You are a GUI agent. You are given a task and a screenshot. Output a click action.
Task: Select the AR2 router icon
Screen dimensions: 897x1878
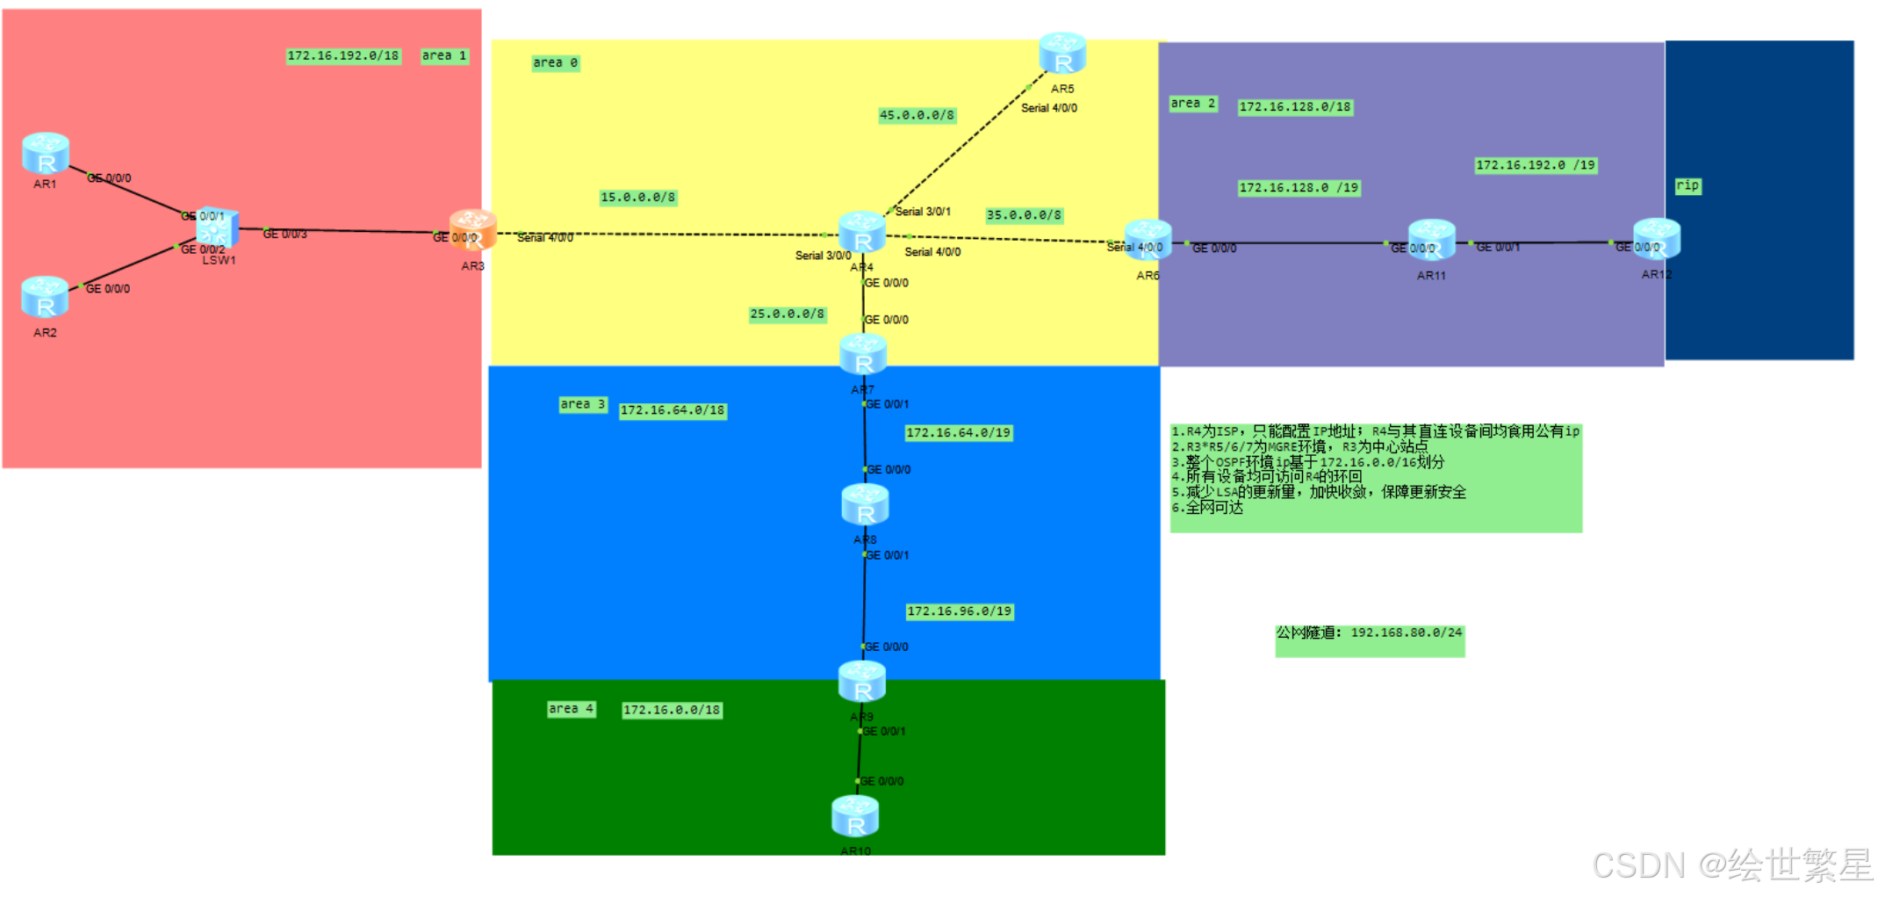[x=45, y=297]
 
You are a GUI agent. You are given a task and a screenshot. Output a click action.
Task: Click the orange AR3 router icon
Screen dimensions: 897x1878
[x=473, y=230]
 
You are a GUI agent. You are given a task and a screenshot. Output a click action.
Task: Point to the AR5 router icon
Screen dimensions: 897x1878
[x=1062, y=54]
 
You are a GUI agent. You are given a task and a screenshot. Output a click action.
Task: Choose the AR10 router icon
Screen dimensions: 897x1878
[x=855, y=816]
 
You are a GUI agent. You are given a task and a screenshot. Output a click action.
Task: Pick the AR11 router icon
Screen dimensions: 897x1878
[x=1431, y=241]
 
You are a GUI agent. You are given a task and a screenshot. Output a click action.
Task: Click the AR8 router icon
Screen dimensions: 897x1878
[x=865, y=505]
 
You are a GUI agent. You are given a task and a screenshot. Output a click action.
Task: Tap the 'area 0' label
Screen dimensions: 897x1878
[x=555, y=63]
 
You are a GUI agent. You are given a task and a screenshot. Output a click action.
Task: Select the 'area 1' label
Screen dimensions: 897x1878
[x=444, y=56]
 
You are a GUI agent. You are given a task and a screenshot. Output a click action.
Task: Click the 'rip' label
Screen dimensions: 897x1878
[x=1687, y=186]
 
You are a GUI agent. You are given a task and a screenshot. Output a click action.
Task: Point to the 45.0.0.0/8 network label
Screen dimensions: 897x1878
[x=917, y=115]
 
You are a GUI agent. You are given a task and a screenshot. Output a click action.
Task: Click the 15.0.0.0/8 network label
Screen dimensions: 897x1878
[x=638, y=198]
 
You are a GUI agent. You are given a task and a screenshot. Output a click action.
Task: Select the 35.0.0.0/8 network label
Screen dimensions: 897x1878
[x=1024, y=215]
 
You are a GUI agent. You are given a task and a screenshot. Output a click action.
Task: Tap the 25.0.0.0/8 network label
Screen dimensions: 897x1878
[x=788, y=315]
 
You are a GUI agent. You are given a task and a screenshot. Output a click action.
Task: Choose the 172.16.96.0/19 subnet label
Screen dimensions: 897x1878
[x=960, y=611]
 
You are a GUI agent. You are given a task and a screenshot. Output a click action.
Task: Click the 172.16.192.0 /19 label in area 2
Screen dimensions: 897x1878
[x=1535, y=165]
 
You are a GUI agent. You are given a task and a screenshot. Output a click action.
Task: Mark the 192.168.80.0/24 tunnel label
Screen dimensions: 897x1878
[x=1369, y=633]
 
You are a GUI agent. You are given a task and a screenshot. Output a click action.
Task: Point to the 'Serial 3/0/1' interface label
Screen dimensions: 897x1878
[x=923, y=212]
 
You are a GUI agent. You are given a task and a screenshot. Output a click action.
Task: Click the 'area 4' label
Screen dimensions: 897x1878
[x=571, y=709]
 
